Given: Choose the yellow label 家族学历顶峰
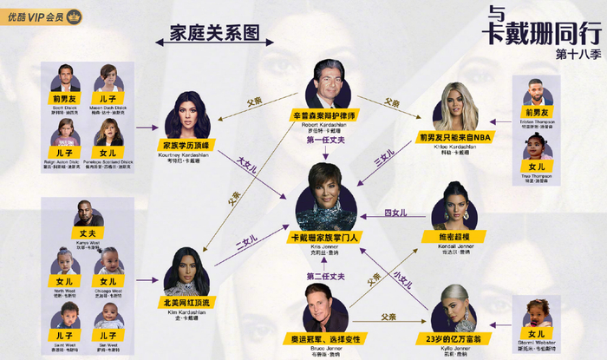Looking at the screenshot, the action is pos(186,145).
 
